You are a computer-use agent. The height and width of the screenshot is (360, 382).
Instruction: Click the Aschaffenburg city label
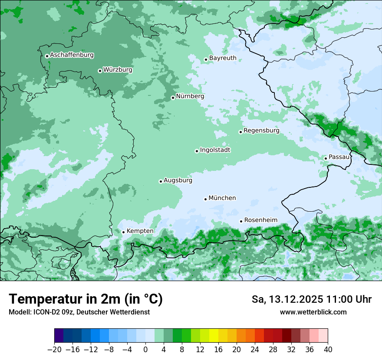point(72,55)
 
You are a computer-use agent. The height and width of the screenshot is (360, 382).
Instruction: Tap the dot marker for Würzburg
point(100,71)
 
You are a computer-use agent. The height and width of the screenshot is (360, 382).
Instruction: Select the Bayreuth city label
point(223,58)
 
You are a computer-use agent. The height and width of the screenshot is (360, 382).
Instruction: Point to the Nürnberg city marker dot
point(173,98)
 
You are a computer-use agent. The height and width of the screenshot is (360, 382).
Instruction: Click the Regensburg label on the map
point(261,130)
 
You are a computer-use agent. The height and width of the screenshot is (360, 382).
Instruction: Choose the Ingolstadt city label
point(215,150)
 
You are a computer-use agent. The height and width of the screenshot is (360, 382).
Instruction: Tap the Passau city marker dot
point(326,158)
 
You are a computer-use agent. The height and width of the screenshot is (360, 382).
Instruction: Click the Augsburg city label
point(178,180)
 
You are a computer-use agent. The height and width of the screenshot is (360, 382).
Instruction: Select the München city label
point(222,198)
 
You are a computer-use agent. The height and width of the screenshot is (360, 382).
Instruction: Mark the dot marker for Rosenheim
point(241,221)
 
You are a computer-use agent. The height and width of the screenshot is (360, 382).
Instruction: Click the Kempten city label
point(140,231)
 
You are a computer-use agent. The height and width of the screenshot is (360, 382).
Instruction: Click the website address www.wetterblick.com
point(313,312)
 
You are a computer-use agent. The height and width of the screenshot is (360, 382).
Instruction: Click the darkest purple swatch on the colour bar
point(59,336)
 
